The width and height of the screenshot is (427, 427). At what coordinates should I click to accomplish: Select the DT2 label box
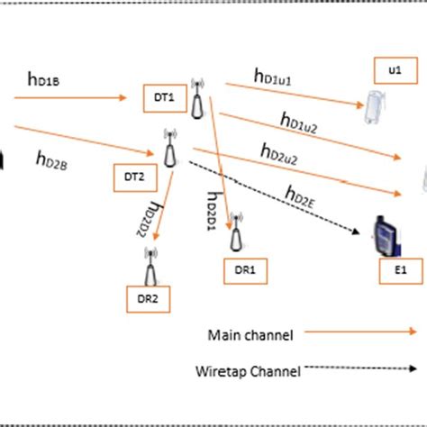point(133,177)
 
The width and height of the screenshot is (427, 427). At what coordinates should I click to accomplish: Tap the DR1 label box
point(245,268)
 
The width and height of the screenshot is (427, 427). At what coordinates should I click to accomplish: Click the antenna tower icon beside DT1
point(196,99)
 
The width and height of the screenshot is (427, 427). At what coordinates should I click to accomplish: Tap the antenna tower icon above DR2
point(150,266)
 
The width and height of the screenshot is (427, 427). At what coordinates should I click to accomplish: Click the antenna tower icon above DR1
point(237,232)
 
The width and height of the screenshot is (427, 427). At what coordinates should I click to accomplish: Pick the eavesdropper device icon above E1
point(385,237)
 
